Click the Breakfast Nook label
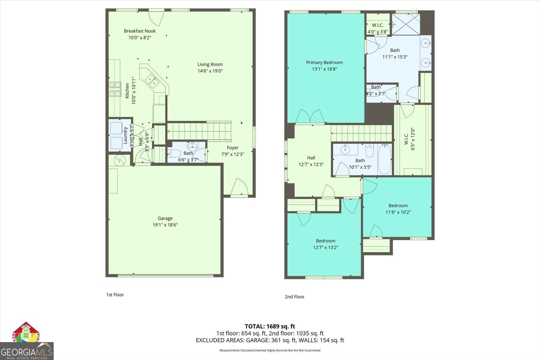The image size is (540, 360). (140, 31)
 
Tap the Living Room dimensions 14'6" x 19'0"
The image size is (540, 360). (210, 71)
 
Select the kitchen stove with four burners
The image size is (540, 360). (115, 89)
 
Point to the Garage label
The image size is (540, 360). (165, 218)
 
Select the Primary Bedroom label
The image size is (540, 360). (324, 62)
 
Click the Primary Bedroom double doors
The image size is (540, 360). (310, 117)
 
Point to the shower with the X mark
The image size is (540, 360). (406, 24)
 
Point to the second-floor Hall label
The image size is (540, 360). (311, 158)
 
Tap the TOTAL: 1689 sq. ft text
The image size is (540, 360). (270, 326)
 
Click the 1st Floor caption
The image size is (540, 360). (115, 295)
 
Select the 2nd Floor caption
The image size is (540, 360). (294, 297)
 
